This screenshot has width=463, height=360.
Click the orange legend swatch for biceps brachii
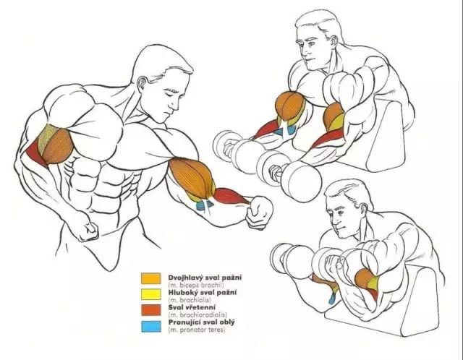click(x=151, y=278)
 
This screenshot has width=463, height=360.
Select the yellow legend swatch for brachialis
click(x=151, y=294)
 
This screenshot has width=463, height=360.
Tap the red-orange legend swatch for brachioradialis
click(x=151, y=310)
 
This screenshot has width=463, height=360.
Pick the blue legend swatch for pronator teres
click(x=151, y=326)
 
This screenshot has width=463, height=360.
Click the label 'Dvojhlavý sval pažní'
click(x=205, y=278)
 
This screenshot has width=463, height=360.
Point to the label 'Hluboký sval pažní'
click(x=203, y=293)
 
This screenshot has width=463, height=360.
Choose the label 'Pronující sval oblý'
click(x=202, y=322)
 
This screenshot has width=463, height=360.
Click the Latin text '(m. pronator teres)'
click(x=197, y=330)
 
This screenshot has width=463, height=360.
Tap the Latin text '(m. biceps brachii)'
click(x=196, y=285)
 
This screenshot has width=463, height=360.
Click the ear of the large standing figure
click(x=143, y=84)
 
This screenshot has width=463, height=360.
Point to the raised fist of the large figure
click(x=259, y=212)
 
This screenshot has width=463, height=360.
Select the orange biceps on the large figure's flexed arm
click(x=191, y=177)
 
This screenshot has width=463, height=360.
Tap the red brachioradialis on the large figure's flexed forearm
click(x=230, y=196)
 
